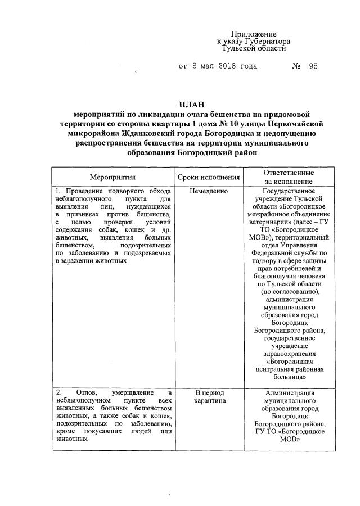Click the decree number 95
click(x=313, y=66)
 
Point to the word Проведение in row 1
click(x=91, y=191)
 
